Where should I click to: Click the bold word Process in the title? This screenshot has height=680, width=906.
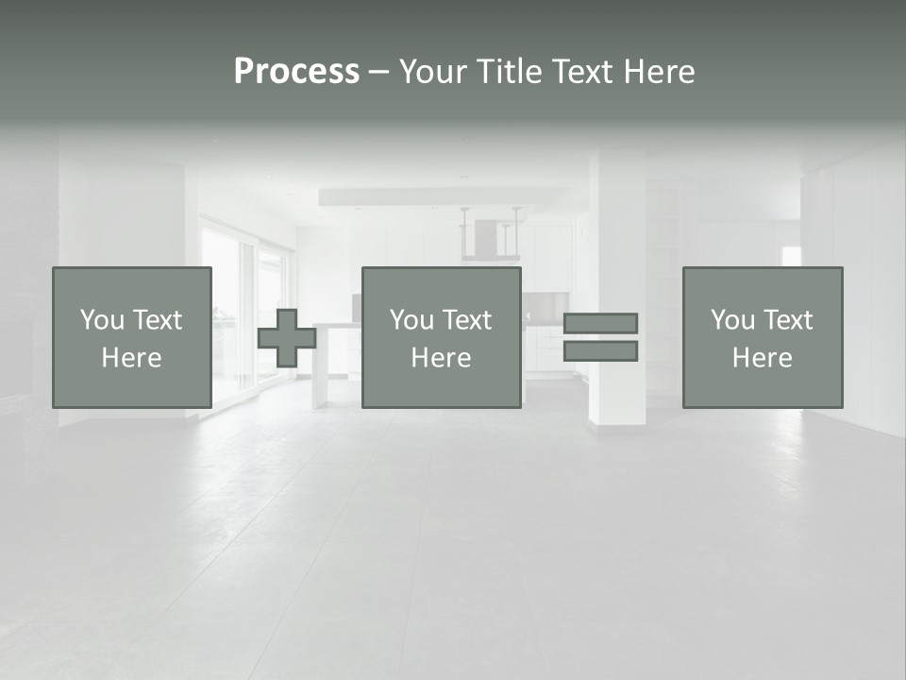(x=296, y=72)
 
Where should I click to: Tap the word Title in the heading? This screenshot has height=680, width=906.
(x=512, y=72)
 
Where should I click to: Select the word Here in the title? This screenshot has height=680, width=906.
(x=658, y=72)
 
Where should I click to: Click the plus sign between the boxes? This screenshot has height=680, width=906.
(x=287, y=338)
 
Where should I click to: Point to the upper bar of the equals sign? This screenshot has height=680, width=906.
(x=600, y=323)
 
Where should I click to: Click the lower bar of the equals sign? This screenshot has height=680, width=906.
(x=600, y=351)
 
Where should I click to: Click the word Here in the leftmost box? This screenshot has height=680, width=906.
(x=131, y=358)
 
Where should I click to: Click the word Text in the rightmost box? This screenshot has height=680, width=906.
(x=789, y=320)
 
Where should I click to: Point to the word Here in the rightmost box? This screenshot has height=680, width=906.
(x=762, y=358)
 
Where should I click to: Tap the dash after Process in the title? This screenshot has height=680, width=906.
(x=378, y=72)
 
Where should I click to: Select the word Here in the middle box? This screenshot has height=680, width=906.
(x=441, y=358)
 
